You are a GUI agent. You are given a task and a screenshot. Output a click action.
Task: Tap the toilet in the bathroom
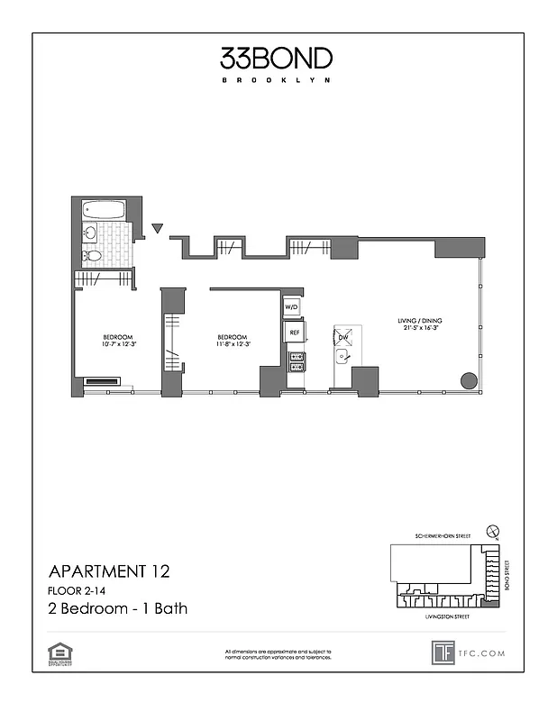pyautogui.click(x=93, y=256)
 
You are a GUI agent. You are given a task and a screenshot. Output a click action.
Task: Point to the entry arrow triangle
pyautogui.click(x=159, y=229)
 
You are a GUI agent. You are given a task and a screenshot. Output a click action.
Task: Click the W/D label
pyautogui.click(x=292, y=308)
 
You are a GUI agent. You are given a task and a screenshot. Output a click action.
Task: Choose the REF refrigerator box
pyautogui.click(x=293, y=333)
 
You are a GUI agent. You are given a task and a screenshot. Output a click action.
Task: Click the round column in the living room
pyautogui.click(x=469, y=379)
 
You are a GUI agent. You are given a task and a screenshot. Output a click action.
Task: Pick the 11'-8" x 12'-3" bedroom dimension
pyautogui.click(x=233, y=343)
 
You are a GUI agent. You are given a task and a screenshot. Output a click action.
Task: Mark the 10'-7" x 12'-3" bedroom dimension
pyautogui.click(x=117, y=343)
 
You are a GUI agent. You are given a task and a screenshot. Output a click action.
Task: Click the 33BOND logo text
pyautogui.click(x=277, y=59)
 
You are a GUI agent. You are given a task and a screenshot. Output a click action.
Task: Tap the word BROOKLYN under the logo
pyautogui.click(x=277, y=80)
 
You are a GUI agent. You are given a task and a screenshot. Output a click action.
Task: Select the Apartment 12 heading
pyautogui.click(x=107, y=570)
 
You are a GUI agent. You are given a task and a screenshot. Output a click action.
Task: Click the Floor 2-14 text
pyautogui.click(x=77, y=590)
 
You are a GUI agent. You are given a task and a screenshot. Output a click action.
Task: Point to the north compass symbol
pyautogui.click(x=490, y=531)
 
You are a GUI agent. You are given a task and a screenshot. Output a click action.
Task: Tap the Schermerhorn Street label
pyautogui.click(x=442, y=537)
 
